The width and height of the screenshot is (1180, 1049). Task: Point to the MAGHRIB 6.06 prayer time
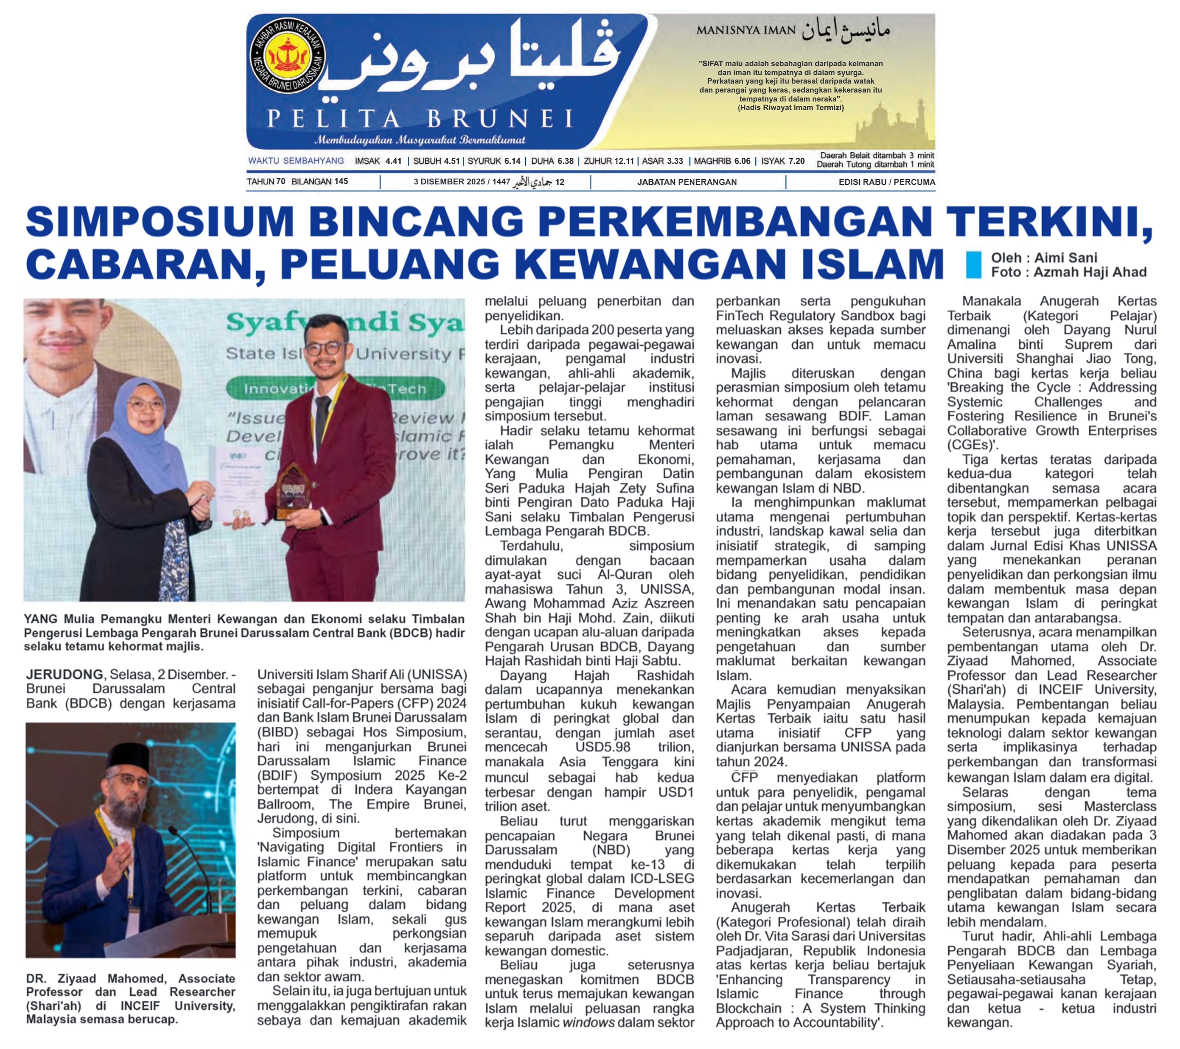pyautogui.click(x=722, y=161)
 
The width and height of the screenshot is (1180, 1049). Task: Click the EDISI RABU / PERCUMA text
pyautogui.click(x=886, y=182)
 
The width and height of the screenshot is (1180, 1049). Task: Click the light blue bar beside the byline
pyautogui.click(x=973, y=265)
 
